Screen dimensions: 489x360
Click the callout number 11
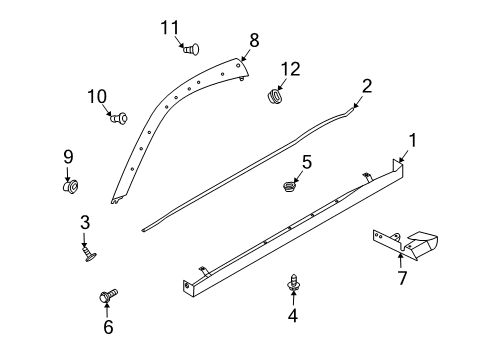click(170, 28)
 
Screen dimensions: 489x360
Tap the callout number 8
click(254, 40)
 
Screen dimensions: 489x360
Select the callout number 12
click(290, 69)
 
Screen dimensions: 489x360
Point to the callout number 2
click(367, 86)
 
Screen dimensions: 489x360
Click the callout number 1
click(413, 140)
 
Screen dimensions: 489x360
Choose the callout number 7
click(402, 278)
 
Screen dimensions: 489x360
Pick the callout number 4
click(293, 315)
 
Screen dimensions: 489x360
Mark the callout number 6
click(108, 327)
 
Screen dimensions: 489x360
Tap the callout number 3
click(85, 222)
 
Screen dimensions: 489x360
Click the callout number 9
click(68, 157)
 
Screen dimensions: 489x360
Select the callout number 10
click(97, 97)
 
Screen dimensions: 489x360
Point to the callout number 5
click(307, 162)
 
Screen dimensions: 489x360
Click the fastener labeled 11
click(191, 49)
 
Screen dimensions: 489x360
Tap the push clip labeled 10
click(119, 118)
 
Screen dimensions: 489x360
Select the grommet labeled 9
click(70, 186)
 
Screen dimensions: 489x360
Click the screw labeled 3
click(89, 254)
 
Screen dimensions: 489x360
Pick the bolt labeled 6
click(109, 295)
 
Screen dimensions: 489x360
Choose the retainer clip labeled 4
click(294, 283)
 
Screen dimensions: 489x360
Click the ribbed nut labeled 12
click(275, 96)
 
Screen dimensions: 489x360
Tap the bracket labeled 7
click(405, 244)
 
